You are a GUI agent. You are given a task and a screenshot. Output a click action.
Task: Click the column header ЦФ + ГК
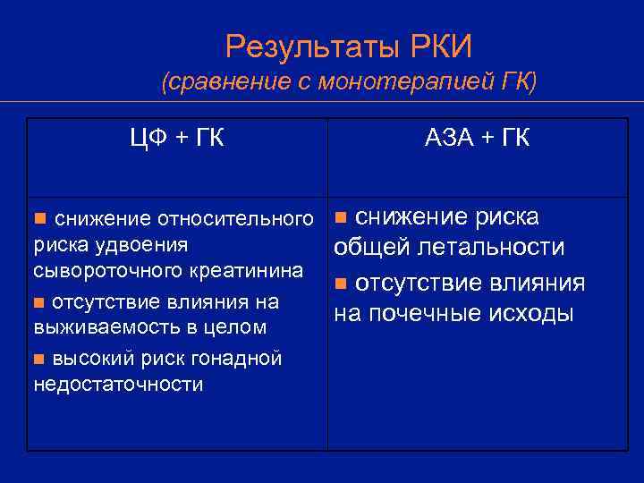pos(177,139)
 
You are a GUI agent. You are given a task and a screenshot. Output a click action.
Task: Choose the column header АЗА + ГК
pos(477,139)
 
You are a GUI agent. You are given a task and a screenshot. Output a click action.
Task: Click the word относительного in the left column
pos(236,219)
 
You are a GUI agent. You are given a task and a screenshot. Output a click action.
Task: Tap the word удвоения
pos(147,244)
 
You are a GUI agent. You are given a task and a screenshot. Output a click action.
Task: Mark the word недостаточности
pos(118,385)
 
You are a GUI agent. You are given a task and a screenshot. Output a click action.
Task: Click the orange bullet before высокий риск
pos(38,360)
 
